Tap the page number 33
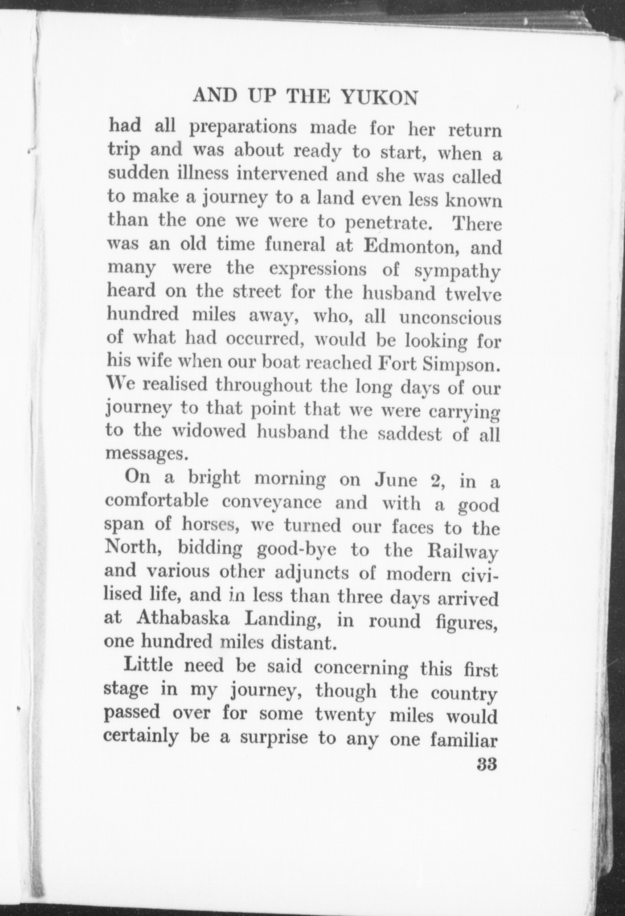click(x=487, y=764)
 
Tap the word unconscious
click(x=450, y=318)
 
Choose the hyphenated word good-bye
click(x=297, y=550)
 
